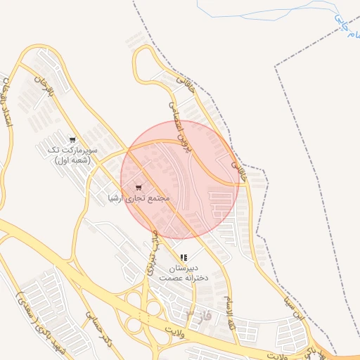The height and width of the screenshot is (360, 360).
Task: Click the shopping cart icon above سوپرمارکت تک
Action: tap(73, 139)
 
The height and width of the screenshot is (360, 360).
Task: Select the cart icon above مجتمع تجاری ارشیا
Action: tap(139, 188)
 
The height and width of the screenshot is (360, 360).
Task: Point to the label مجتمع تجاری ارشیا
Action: tap(139, 199)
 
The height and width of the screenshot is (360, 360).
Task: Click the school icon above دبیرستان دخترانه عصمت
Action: tap(184, 258)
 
